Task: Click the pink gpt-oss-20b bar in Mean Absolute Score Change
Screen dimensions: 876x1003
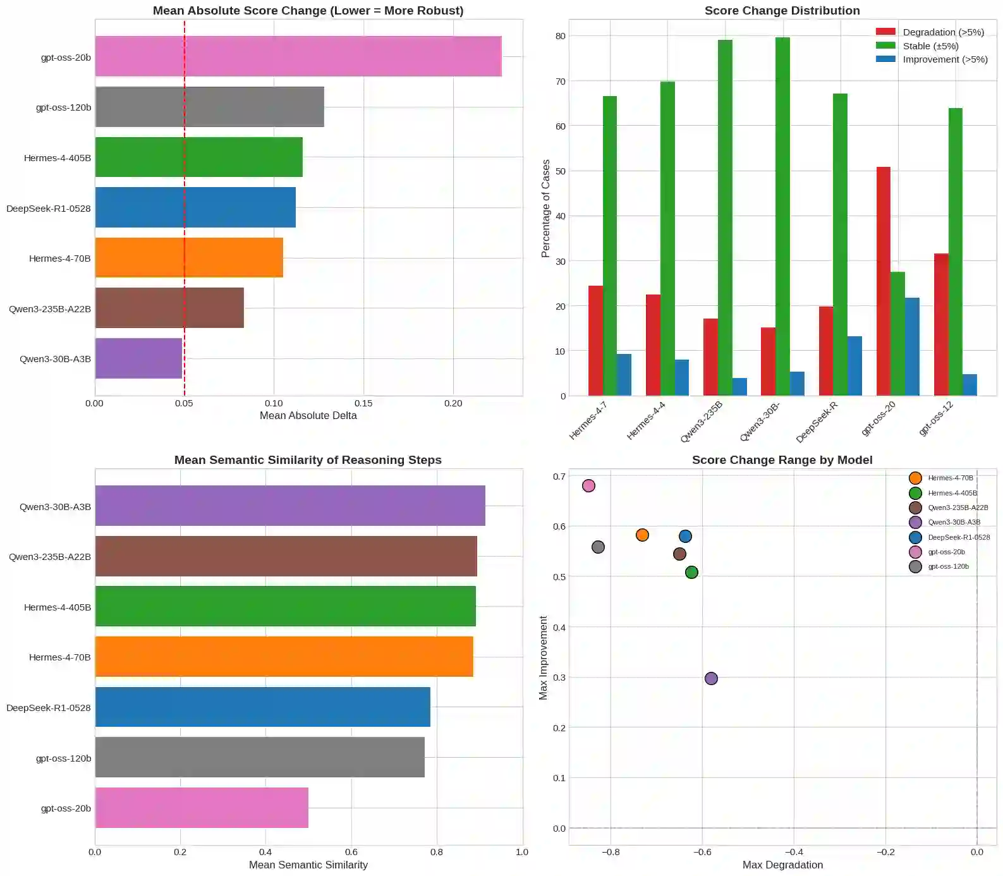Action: (x=298, y=56)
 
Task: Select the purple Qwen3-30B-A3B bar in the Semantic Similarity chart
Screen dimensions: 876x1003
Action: (x=290, y=506)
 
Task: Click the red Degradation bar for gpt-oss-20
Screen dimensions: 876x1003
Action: (x=883, y=281)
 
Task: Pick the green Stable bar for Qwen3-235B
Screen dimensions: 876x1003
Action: (x=725, y=218)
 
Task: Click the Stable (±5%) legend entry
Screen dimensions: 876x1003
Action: (x=930, y=46)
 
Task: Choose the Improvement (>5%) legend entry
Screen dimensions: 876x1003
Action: (x=944, y=59)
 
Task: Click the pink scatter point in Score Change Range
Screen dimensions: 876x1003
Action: (x=588, y=485)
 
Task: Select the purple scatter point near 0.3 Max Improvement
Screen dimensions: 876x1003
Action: (x=711, y=678)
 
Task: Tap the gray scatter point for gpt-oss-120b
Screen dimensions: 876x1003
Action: (x=598, y=547)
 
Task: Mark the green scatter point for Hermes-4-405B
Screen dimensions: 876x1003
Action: (x=691, y=572)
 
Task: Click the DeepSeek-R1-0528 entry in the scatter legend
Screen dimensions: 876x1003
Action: (x=958, y=537)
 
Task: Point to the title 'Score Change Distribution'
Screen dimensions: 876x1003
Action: (x=782, y=11)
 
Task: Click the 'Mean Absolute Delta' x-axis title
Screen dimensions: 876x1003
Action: (x=308, y=415)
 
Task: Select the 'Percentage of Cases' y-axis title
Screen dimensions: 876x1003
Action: (x=546, y=208)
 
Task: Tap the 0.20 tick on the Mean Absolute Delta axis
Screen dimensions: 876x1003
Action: (x=453, y=403)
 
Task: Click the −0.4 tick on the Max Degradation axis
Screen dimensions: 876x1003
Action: (x=794, y=851)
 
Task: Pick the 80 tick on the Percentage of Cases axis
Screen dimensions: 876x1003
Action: (x=561, y=36)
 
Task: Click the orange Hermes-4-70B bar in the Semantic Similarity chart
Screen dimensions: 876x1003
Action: (x=284, y=657)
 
